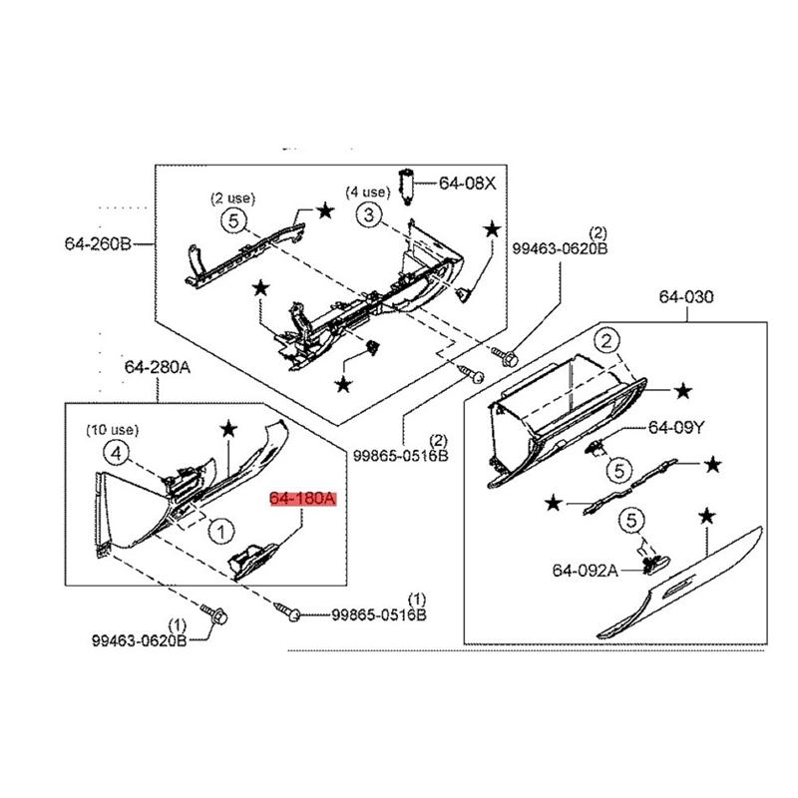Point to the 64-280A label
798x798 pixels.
click(157, 367)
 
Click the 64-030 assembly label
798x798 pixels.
click(688, 297)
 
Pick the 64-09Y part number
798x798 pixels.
click(676, 428)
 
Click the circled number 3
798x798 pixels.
click(368, 214)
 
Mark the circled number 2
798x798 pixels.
click(606, 342)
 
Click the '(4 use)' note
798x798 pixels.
click(368, 192)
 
